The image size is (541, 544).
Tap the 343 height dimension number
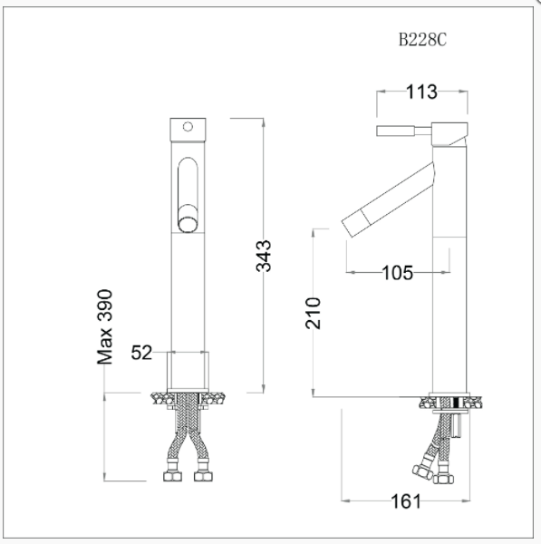point(263,257)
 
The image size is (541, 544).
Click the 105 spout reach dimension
point(396,272)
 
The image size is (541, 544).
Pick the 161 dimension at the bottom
point(406,500)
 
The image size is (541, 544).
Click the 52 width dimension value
point(142,353)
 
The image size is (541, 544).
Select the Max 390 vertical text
point(106,326)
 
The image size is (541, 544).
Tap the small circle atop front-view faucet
point(188,127)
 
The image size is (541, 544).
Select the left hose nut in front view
point(171,475)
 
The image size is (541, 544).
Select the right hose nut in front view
point(203,475)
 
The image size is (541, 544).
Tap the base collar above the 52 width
point(188,371)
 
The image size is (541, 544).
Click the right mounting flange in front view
point(216,397)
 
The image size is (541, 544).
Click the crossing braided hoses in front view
point(188,435)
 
